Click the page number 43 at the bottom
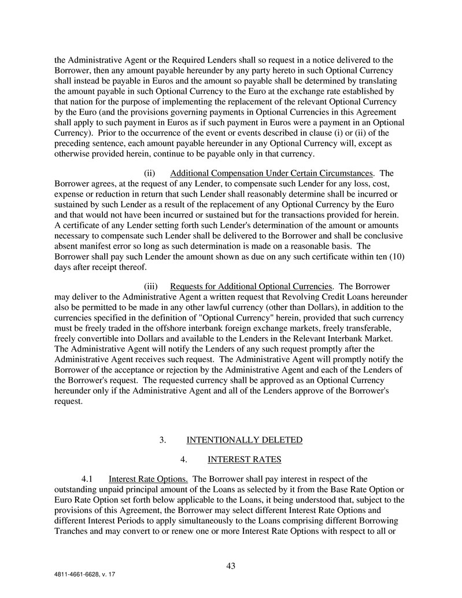pyautogui.click(x=231, y=566)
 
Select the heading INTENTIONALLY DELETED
pyautogui.click(x=244, y=440)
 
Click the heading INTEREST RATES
pyautogui.click(x=244, y=460)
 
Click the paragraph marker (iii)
pyautogui.click(x=151, y=286)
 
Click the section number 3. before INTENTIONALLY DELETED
pyautogui.click(x=163, y=440)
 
